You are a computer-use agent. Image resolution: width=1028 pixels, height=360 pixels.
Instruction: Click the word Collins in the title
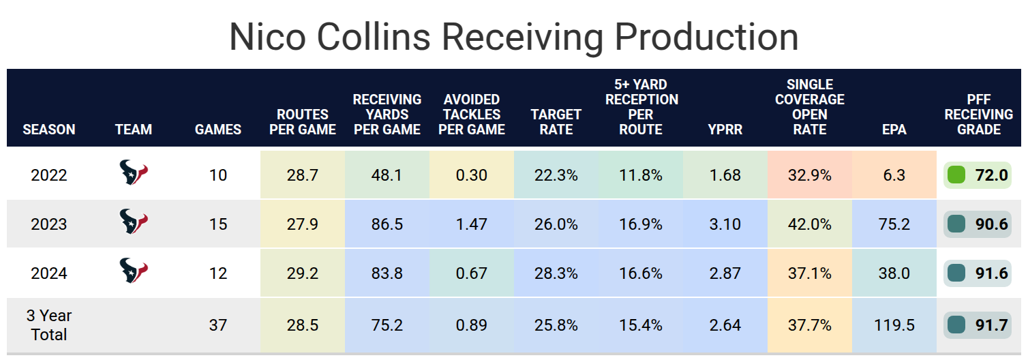(x=369, y=37)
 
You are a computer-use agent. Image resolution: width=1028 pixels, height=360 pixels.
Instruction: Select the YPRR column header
(x=725, y=129)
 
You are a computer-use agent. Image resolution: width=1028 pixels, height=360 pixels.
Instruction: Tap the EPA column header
(x=894, y=129)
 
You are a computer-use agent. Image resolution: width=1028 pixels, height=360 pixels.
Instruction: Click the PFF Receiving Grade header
(x=979, y=115)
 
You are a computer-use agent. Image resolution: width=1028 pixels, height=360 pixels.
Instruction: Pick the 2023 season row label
(x=49, y=224)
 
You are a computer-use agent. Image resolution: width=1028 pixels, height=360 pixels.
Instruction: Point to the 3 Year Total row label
(x=49, y=325)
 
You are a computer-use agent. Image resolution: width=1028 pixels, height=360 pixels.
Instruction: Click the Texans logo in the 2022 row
(x=134, y=173)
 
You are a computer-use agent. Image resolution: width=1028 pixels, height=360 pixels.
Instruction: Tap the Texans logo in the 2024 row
(x=134, y=271)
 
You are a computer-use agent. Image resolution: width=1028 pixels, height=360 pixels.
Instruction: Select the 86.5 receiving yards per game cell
(x=387, y=224)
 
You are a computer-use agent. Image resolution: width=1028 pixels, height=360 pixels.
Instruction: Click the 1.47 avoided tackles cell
(x=471, y=224)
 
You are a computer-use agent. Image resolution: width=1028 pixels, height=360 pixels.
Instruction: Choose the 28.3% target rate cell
(x=556, y=273)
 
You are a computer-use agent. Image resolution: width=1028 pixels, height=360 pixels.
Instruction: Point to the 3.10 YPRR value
(x=725, y=224)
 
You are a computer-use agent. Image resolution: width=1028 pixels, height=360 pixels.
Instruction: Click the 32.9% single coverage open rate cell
(x=809, y=175)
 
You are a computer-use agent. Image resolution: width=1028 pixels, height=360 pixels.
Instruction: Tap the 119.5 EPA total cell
(x=894, y=325)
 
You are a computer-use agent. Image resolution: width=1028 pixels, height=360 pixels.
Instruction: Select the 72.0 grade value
(x=991, y=175)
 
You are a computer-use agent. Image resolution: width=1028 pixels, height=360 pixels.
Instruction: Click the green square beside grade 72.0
(x=956, y=175)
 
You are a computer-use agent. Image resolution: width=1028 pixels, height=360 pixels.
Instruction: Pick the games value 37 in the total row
(x=218, y=325)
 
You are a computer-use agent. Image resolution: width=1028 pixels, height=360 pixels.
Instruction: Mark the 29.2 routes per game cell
(x=302, y=273)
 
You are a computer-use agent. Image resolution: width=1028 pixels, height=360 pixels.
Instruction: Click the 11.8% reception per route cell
(x=640, y=175)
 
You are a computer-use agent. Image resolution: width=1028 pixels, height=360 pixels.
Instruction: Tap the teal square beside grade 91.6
(x=956, y=273)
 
